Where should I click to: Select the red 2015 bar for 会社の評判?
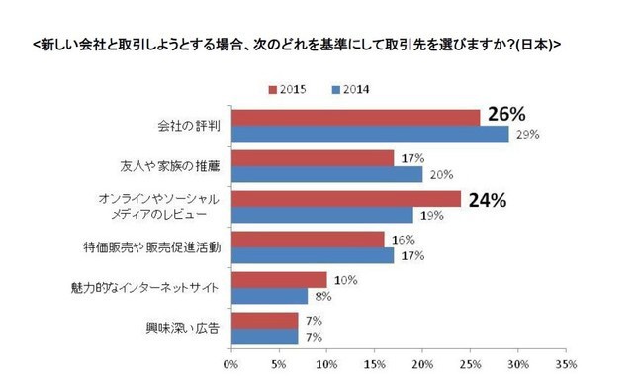[355, 118]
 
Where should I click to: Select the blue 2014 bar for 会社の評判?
[369, 133]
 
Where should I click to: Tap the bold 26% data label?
[501, 115]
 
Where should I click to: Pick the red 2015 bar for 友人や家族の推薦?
[312, 158]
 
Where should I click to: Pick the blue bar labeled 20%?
[326, 174]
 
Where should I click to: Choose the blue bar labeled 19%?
[321, 215]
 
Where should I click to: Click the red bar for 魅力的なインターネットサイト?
[278, 280]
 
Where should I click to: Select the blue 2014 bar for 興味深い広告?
[264, 336]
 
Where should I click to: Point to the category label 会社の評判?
[188, 126]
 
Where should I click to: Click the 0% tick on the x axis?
[230, 365]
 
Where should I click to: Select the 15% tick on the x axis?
[374, 365]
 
